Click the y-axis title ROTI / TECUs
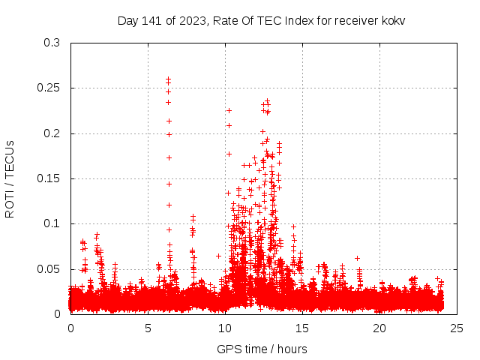coord(10,178)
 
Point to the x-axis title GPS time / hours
coord(262,349)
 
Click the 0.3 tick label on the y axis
coord(52,43)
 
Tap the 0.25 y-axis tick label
coord(49,88)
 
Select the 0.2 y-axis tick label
coord(52,133)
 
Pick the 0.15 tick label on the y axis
coord(49,178)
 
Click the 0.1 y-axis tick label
coord(52,223)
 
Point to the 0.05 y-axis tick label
coord(49,268)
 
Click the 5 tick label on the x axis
coord(148,328)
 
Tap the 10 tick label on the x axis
coord(225,328)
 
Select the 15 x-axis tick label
coord(302,328)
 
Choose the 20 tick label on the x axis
coord(379,328)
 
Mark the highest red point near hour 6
coord(168,77)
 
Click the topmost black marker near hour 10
coord(229,110)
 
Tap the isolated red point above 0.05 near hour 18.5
coord(357,258)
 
